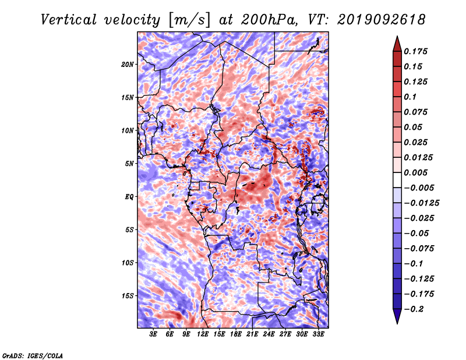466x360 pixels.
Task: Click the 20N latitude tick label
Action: tap(128, 65)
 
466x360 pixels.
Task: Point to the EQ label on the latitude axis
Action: tap(129, 197)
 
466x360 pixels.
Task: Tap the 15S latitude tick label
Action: tap(128, 296)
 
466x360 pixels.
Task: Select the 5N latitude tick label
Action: tap(129, 164)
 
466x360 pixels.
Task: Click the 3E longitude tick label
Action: tap(153, 334)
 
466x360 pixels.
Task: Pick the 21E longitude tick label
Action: tap(252, 334)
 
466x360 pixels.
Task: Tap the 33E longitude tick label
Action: tap(318, 334)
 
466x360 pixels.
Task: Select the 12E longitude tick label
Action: tap(203, 334)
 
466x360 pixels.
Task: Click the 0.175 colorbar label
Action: tap(415, 51)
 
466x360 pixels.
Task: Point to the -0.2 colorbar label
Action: tap(414, 309)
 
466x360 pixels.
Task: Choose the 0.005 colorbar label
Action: tap(415, 172)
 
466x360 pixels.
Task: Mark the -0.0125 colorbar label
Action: tap(421, 203)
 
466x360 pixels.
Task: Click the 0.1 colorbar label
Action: tap(410, 97)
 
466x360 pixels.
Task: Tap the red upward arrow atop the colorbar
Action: tap(397, 44)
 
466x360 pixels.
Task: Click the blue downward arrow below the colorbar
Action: tap(397, 316)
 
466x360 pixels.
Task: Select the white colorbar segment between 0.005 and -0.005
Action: tap(397, 180)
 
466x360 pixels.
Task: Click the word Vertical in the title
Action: tap(69, 20)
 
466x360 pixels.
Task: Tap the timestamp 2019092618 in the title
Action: tap(382, 20)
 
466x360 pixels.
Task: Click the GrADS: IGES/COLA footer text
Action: tap(33, 356)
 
